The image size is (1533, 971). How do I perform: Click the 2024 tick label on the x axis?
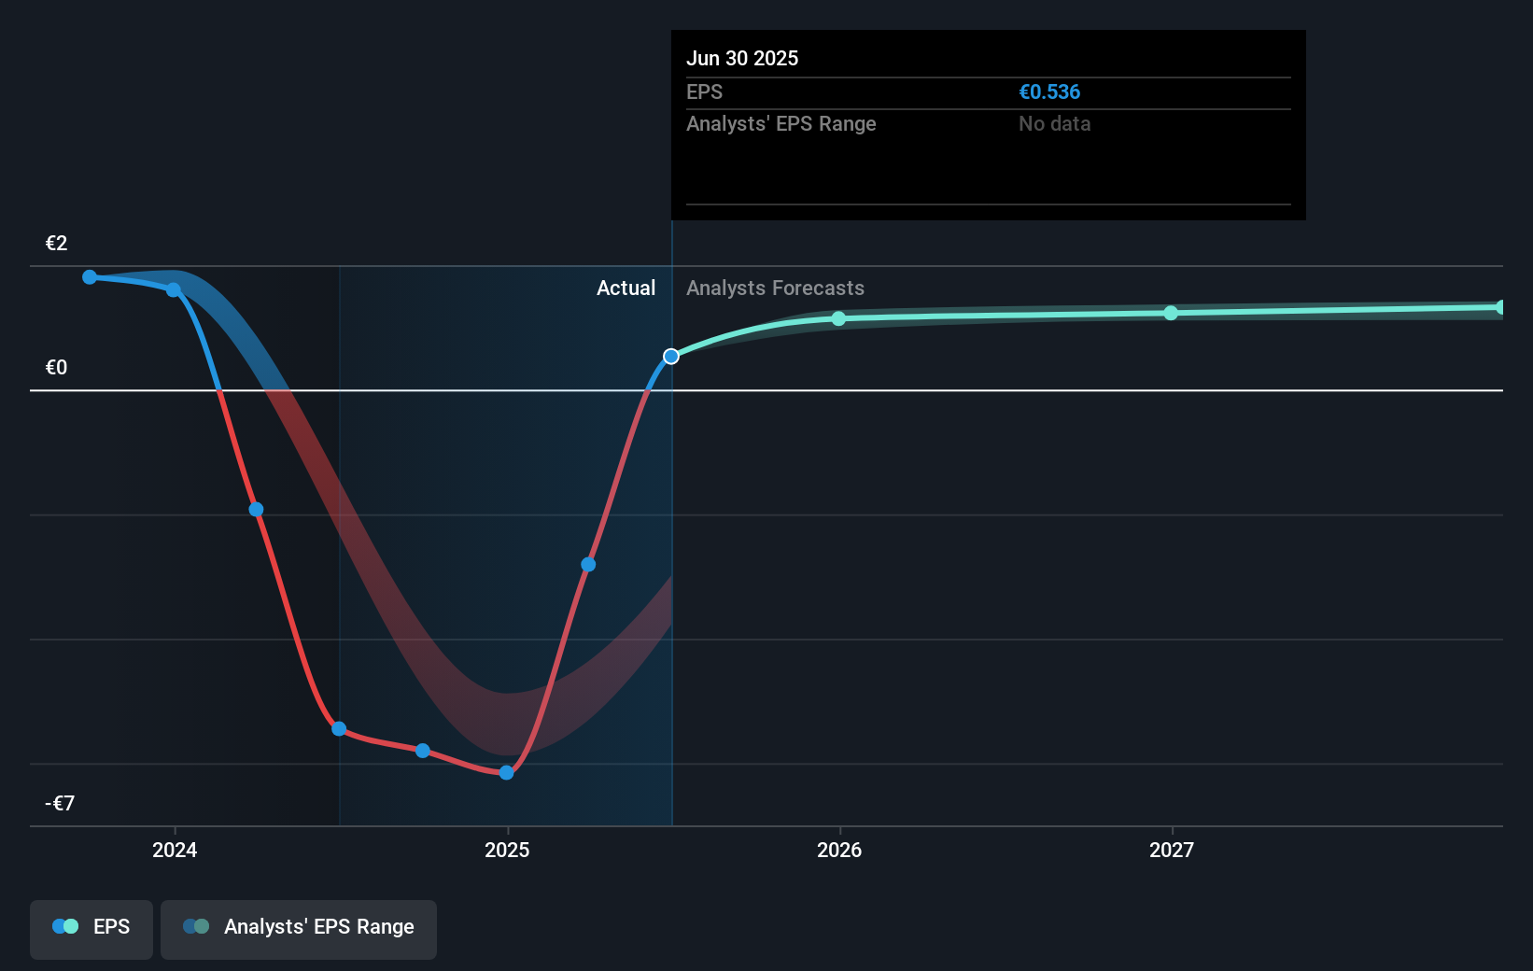pyautogui.click(x=175, y=850)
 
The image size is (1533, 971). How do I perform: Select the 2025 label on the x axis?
pyautogui.click(x=507, y=850)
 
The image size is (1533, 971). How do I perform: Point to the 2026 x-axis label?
pyautogui.click(x=839, y=850)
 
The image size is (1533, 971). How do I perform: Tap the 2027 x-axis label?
pyautogui.click(x=1172, y=850)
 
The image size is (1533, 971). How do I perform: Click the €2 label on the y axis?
pyautogui.click(x=57, y=244)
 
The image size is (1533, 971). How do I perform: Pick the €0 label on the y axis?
pyautogui.click(x=57, y=368)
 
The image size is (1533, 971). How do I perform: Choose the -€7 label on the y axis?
pyautogui.click(x=60, y=804)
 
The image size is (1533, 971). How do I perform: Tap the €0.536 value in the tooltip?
pyautogui.click(x=1049, y=92)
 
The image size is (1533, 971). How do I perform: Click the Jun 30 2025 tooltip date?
pyautogui.click(x=742, y=59)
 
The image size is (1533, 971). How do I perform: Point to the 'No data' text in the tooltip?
pyautogui.click(x=1054, y=124)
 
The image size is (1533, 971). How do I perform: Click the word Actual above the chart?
pyautogui.click(x=626, y=288)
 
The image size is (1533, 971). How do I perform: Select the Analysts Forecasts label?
pyautogui.click(x=775, y=288)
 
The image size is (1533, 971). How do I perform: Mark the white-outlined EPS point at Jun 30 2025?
pyautogui.click(x=671, y=357)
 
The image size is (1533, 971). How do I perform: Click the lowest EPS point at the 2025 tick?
pyautogui.click(x=507, y=773)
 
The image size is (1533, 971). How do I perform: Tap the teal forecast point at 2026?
pyautogui.click(x=839, y=319)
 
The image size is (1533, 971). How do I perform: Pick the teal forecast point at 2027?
pyautogui.click(x=1172, y=313)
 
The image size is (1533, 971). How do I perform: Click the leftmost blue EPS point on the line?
pyautogui.click(x=90, y=277)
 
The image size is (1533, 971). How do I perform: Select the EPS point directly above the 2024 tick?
pyautogui.click(x=174, y=290)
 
